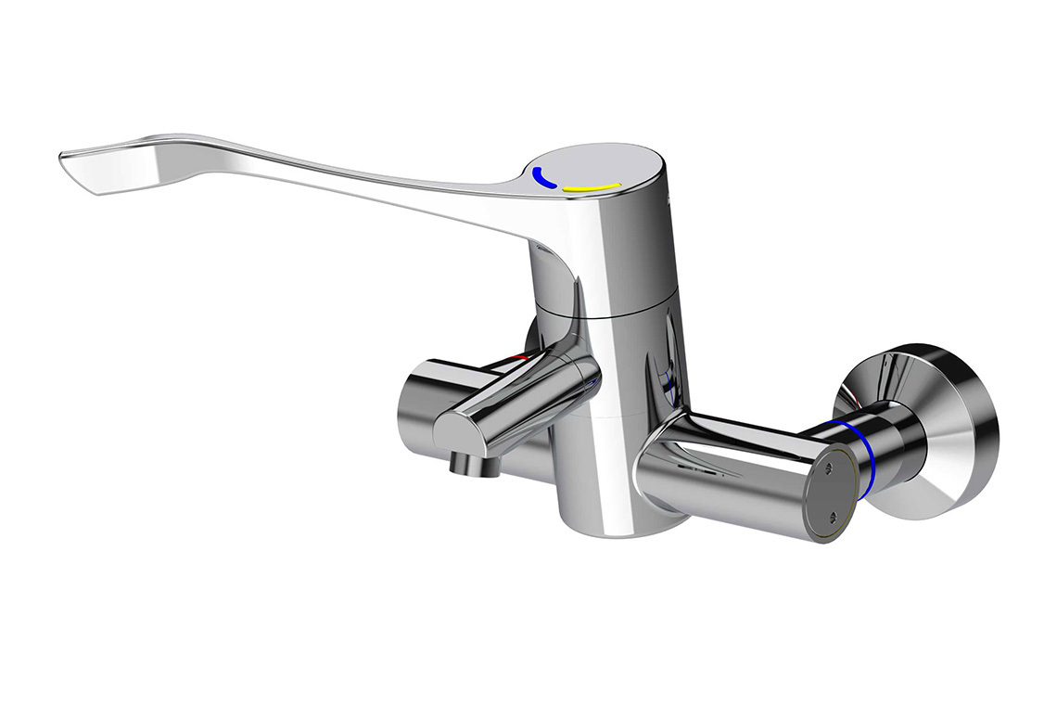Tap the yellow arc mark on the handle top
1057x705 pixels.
592,188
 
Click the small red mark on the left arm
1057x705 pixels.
521,358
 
